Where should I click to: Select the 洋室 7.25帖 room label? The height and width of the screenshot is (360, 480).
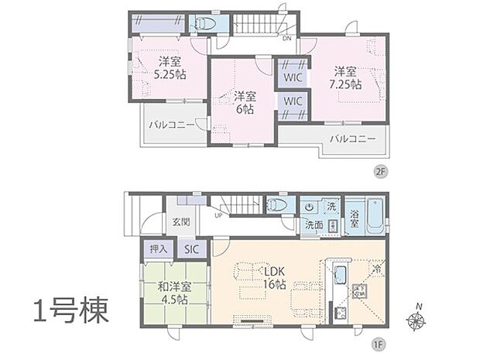[x=345, y=78]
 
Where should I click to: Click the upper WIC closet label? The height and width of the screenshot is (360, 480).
[x=293, y=77]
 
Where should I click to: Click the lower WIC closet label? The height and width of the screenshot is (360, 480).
[x=293, y=101]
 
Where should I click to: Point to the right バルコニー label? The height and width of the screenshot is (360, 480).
[x=351, y=139]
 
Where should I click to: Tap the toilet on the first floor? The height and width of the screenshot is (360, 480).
[x=276, y=205]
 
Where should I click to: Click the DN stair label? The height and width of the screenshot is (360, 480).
[x=286, y=38]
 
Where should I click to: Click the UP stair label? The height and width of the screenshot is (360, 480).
[x=219, y=215]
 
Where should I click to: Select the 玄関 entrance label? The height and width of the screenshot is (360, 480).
[x=180, y=222]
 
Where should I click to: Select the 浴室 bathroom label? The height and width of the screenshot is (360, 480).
[x=353, y=218]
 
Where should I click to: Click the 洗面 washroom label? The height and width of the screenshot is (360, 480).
[x=314, y=225]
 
